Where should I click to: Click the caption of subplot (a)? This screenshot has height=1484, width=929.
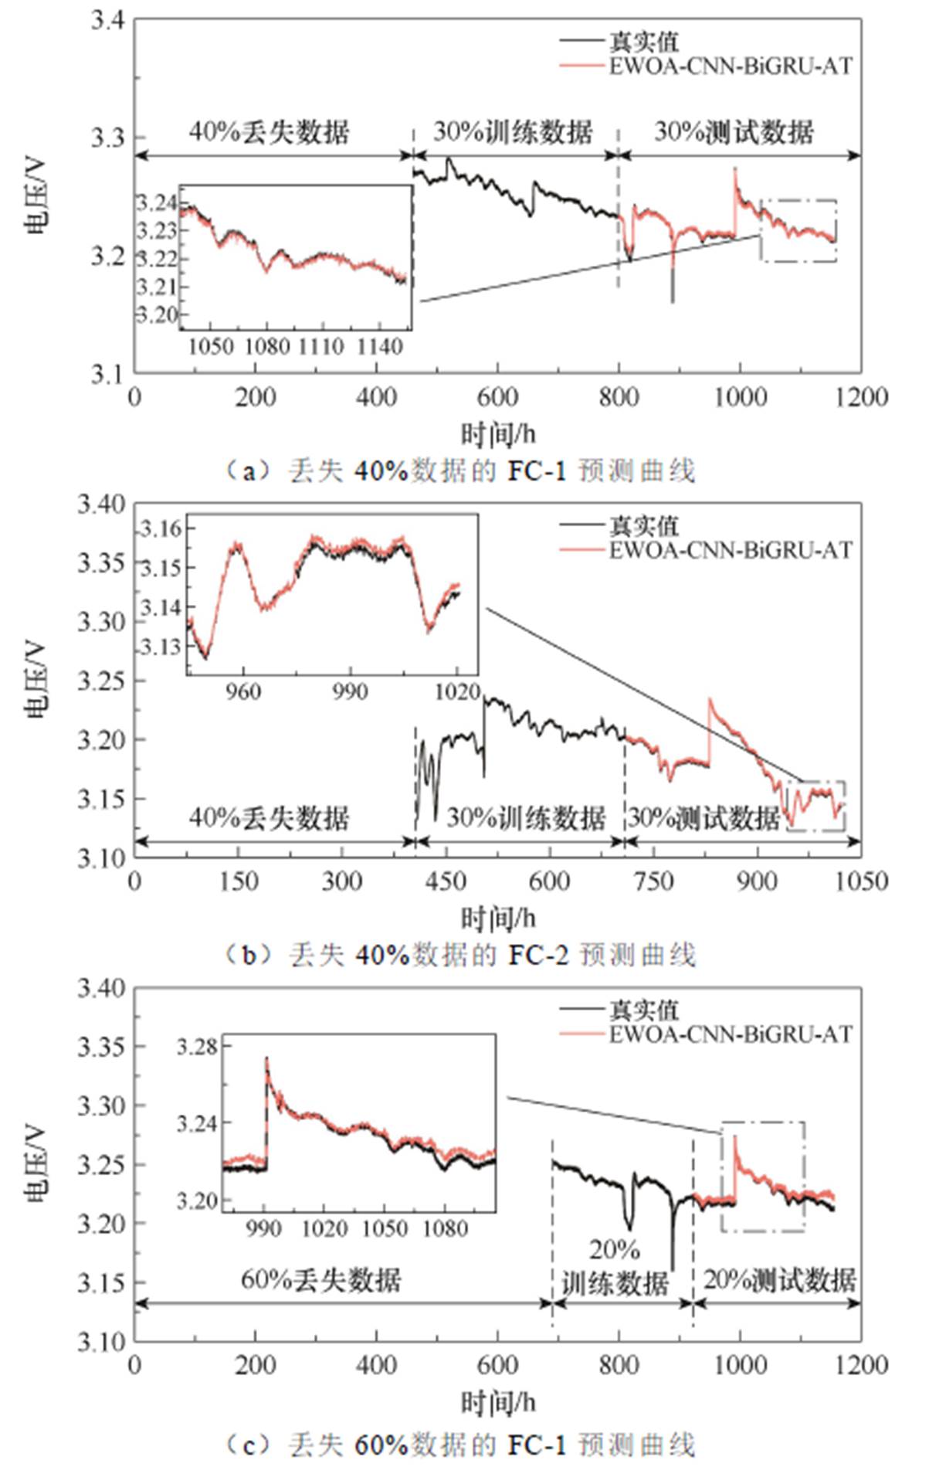(x=460, y=470)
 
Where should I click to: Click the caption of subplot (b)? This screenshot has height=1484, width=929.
(x=460, y=955)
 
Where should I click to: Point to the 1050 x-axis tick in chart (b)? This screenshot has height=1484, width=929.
(x=862, y=881)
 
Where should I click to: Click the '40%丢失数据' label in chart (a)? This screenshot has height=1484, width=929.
(x=270, y=132)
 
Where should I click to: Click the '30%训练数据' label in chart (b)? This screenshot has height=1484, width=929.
(x=526, y=817)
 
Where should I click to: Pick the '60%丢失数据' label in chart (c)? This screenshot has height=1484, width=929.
(x=321, y=1279)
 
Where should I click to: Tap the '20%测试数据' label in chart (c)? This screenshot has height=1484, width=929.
(x=779, y=1279)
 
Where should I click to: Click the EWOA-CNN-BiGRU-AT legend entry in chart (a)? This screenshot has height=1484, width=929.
(x=731, y=66)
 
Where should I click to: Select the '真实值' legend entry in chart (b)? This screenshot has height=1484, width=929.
(x=643, y=527)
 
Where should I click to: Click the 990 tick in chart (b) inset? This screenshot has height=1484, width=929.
(x=351, y=691)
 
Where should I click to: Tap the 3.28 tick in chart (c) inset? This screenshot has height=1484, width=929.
(x=198, y=1048)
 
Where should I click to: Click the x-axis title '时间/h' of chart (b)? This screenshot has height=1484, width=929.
(x=498, y=919)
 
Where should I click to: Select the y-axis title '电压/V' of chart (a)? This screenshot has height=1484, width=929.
(x=36, y=196)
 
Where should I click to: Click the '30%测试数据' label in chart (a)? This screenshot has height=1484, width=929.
(x=734, y=132)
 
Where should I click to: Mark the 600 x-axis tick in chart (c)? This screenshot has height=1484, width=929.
(x=498, y=1365)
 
